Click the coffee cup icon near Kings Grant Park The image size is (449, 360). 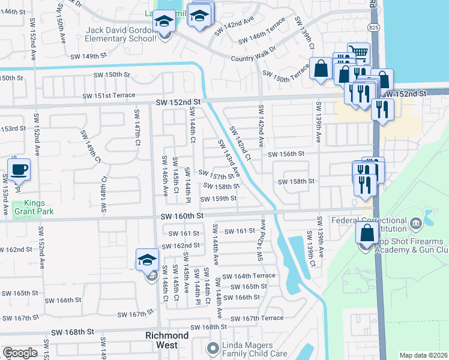click(x=20, y=169)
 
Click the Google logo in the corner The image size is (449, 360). click(x=20, y=353)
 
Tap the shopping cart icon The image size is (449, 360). click(x=358, y=53)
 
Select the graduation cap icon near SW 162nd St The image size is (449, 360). click(x=148, y=260)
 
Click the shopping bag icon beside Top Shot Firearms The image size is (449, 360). click(x=367, y=233)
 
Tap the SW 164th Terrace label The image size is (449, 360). click(x=249, y=276)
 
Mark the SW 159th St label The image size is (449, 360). click(x=218, y=199)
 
